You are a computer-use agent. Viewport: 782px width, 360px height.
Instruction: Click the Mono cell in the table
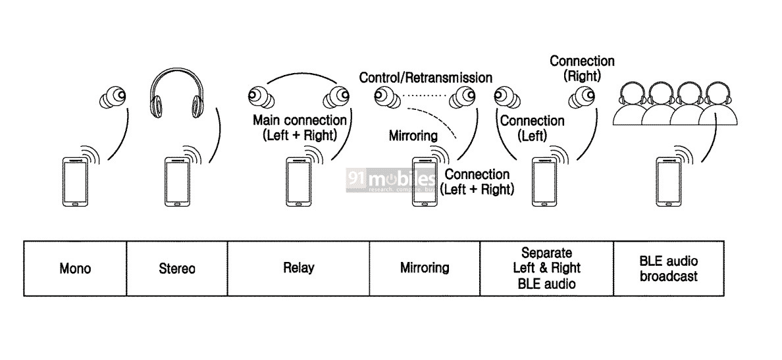[74, 269]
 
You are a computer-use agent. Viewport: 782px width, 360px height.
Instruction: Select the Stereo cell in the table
[176, 269]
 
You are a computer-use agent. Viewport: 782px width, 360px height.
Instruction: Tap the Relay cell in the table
[298, 268]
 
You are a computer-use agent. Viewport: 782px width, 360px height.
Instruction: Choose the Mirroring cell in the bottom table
[425, 268]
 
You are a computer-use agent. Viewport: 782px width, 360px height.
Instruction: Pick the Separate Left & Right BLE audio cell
[547, 268]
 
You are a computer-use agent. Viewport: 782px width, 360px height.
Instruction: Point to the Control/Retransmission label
[425, 78]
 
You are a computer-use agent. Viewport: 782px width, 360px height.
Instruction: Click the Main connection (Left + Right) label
[300, 128]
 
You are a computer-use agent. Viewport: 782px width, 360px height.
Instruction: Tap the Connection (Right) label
[582, 68]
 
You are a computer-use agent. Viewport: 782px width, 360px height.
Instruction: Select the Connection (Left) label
[532, 128]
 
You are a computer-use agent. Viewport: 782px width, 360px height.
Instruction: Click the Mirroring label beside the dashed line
[413, 136]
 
